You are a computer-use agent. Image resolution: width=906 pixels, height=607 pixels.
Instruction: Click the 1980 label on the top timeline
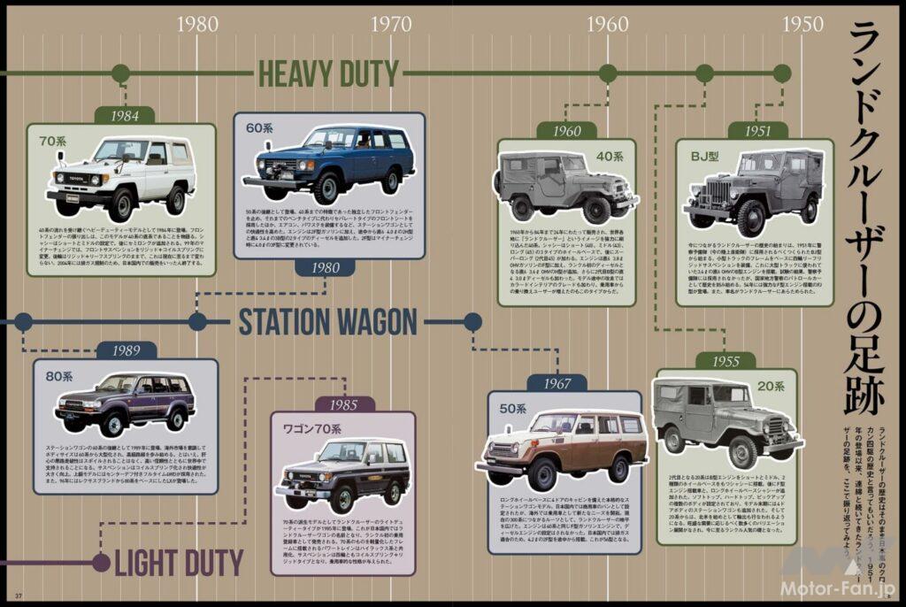(x=197, y=24)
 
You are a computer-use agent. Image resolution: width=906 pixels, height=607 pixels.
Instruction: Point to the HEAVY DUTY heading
(x=328, y=74)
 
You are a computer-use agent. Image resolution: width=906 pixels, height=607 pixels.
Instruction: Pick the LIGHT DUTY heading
(x=178, y=562)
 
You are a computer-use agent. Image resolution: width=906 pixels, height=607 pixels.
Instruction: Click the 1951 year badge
(x=756, y=131)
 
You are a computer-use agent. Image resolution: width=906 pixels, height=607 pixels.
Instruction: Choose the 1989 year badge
(x=127, y=350)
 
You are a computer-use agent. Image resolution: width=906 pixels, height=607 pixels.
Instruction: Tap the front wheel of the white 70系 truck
(x=121, y=204)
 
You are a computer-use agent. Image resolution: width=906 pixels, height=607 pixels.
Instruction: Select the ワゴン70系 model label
(x=311, y=429)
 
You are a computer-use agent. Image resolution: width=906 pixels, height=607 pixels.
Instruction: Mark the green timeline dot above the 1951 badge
(x=782, y=73)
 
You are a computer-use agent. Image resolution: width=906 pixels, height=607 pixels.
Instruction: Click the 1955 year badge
(x=725, y=361)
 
